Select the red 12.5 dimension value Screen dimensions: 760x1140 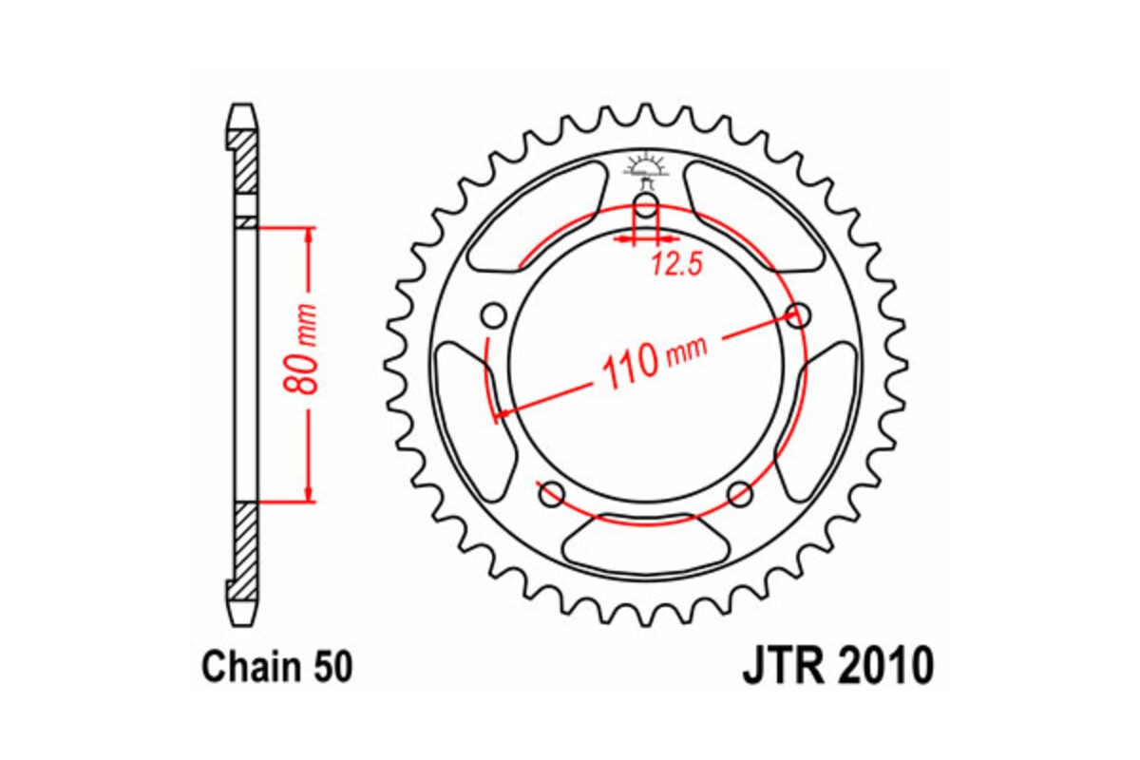click(x=675, y=266)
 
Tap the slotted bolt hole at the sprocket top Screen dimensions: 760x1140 click(x=645, y=208)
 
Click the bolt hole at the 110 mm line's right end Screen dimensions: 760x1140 click(x=800, y=314)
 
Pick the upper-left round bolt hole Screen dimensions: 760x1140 click(x=492, y=314)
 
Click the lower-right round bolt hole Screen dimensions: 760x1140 click(x=740, y=493)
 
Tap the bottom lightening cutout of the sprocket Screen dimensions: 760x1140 click(x=645, y=545)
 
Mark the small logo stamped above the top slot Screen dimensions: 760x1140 click(x=645, y=169)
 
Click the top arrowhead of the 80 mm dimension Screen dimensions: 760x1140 click(x=308, y=234)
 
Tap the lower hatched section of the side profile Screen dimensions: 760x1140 click(x=244, y=546)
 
